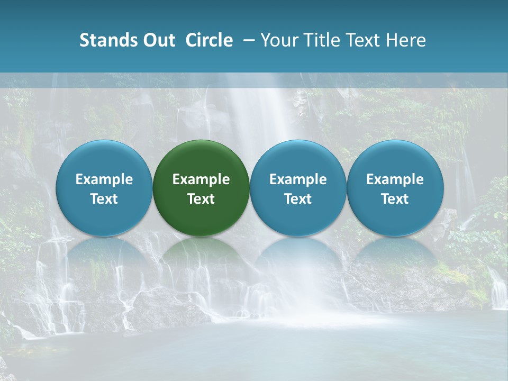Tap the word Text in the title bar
pos(362,40)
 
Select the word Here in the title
pos(406,40)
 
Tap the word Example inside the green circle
pos(201,179)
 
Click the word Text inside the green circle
pos(201,199)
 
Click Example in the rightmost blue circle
pos(395,179)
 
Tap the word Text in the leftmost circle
pos(104,199)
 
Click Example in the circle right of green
pos(298,179)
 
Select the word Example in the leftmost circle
pos(104,179)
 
